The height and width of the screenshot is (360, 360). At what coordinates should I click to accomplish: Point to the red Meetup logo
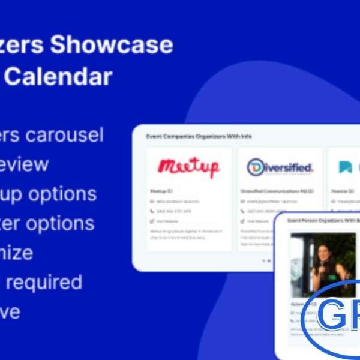[188, 167]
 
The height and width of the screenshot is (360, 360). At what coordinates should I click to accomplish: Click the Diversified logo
[280, 167]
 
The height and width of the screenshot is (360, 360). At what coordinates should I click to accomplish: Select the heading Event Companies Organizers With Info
[199, 137]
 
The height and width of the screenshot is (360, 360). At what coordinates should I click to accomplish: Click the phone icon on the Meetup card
[152, 211]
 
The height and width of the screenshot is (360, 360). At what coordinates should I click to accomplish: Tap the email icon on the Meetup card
[152, 202]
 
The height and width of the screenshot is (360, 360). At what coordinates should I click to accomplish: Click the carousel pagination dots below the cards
[266, 260]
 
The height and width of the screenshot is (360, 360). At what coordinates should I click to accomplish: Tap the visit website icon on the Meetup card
[152, 221]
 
